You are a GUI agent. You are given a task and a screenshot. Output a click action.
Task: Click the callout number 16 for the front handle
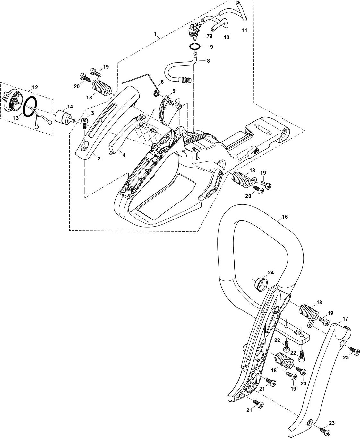(x=285, y=217)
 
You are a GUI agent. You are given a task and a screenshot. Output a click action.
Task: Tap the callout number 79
(x=210, y=36)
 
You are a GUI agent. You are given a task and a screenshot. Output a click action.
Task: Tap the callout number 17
(x=336, y=319)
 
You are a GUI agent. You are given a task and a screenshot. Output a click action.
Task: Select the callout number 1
(x=155, y=34)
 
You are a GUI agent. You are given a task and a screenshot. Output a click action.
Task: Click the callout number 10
(x=227, y=37)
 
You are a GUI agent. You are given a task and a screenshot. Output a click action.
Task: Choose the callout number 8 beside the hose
(x=208, y=60)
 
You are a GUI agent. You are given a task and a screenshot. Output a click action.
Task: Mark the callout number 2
(x=99, y=159)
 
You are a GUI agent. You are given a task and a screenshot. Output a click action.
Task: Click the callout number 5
(x=174, y=91)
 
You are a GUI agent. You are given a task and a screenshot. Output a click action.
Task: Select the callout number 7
(x=153, y=111)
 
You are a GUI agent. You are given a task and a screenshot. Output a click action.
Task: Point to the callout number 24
(x=271, y=273)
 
